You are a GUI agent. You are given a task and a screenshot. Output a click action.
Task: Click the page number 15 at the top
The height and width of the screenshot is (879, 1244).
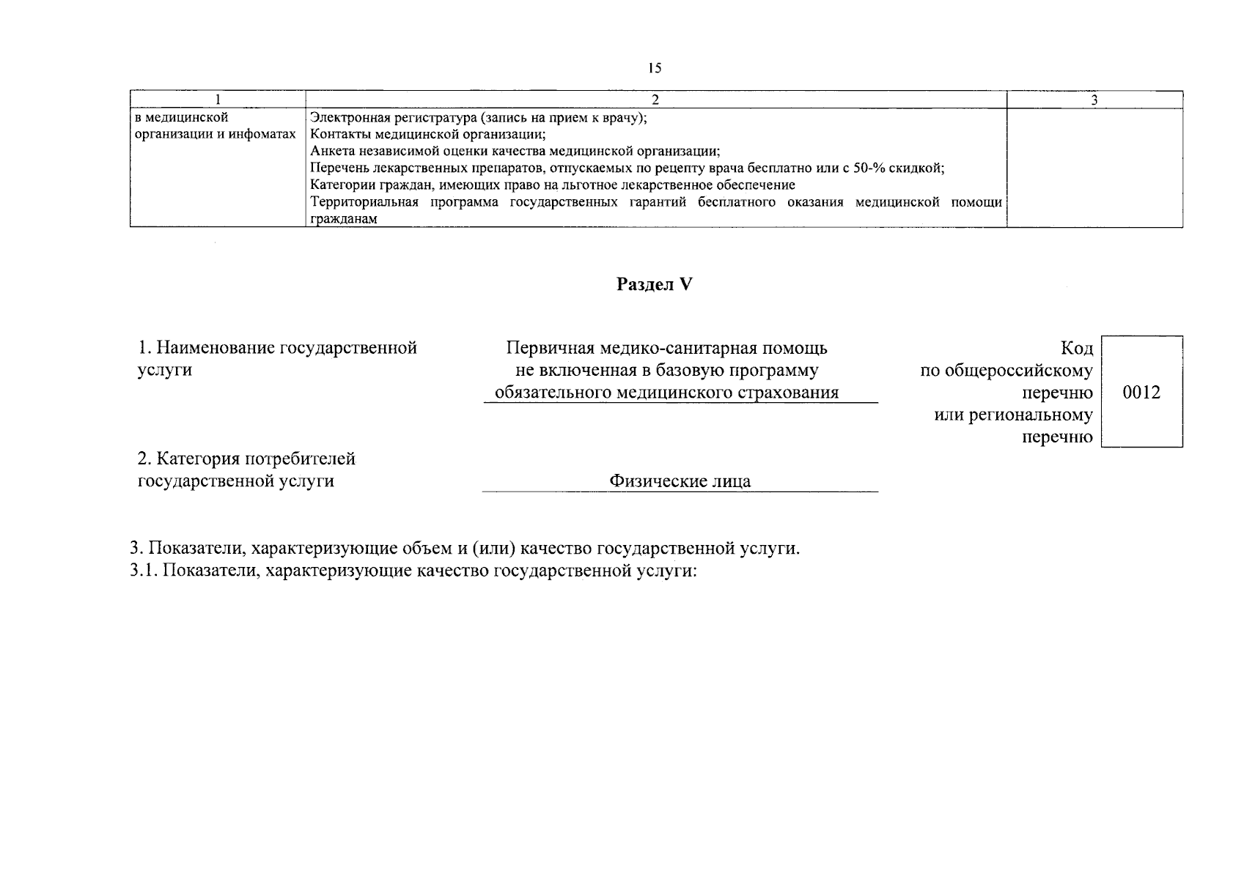[x=655, y=68]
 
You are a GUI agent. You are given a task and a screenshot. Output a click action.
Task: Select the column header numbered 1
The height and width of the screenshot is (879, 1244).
[x=218, y=100]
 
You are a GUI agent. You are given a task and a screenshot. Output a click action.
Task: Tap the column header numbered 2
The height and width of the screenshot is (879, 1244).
[x=655, y=100]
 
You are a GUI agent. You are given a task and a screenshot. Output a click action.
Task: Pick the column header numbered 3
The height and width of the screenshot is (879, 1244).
[x=1094, y=100]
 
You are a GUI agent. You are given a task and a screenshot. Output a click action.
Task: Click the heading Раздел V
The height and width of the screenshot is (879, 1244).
[x=654, y=284]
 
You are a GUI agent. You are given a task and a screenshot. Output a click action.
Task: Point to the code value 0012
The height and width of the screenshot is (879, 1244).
[x=1141, y=393]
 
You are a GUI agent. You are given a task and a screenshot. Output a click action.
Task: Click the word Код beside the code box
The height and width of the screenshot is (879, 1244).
[x=1076, y=348]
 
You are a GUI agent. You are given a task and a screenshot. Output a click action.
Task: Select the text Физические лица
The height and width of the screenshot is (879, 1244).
[x=680, y=481]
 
